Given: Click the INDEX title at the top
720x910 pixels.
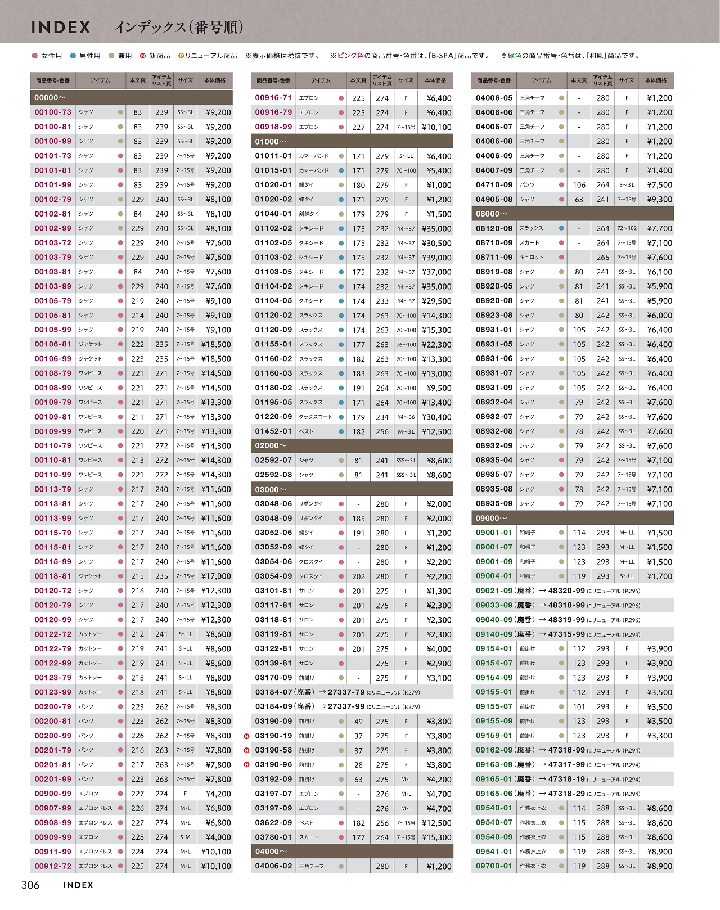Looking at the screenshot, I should click(x=61, y=27).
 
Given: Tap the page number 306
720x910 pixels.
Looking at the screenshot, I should click(x=30, y=885).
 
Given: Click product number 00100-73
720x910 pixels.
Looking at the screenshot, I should click(x=53, y=112).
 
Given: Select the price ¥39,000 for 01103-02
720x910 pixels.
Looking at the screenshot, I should click(x=436, y=258).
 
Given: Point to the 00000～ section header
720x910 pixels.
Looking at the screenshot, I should click(x=51, y=97).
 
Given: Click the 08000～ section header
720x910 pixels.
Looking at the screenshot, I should click(x=492, y=214).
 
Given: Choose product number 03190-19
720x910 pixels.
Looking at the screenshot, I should click(x=273, y=736).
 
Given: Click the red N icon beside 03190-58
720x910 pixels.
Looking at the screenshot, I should click(x=246, y=750).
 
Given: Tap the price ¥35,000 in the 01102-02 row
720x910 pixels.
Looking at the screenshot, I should click(x=436, y=228).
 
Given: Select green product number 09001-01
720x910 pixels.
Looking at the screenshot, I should click(x=494, y=533).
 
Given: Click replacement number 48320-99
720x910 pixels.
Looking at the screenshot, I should click(x=566, y=591).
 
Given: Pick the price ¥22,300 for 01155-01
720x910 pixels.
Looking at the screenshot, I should click(x=436, y=344).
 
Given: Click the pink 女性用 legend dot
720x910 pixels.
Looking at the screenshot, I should click(x=35, y=56).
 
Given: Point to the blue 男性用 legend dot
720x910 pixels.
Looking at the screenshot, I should click(x=73, y=56).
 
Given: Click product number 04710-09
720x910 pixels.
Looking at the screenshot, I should click(x=494, y=184).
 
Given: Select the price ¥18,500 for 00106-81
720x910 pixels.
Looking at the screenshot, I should click(x=216, y=344).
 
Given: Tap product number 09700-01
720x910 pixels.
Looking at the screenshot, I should click(x=494, y=866).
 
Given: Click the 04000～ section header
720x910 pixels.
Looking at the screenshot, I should click(x=271, y=852).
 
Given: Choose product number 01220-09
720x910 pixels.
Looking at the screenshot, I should click(x=273, y=417).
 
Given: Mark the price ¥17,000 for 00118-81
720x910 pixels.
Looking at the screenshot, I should click(x=216, y=576).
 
